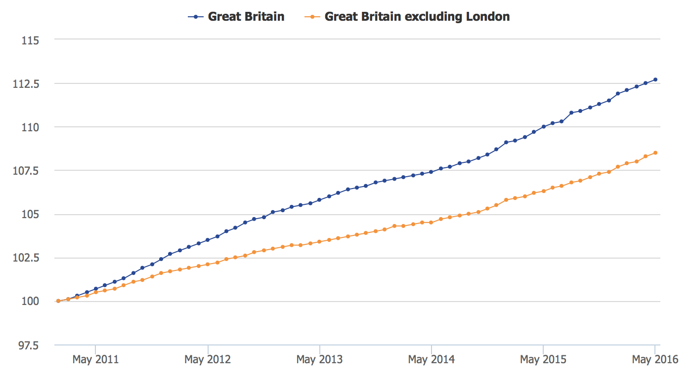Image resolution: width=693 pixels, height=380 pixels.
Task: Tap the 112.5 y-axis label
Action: click(x=26, y=83)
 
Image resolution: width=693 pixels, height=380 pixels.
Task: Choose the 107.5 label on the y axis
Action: click(x=26, y=171)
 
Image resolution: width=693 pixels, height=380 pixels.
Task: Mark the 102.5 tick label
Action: click(x=26, y=258)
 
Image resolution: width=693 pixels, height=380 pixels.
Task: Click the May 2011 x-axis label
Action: click(x=95, y=360)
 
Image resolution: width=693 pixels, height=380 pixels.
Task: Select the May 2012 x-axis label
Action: click(x=208, y=360)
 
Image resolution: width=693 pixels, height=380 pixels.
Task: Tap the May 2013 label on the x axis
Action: click(x=319, y=360)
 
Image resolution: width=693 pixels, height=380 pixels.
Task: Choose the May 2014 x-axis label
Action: click(x=432, y=360)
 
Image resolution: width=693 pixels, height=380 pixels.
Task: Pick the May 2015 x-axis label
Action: click(x=543, y=360)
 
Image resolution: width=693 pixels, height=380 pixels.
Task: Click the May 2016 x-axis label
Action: click(x=655, y=360)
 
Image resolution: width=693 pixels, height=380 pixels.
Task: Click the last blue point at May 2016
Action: click(x=655, y=79)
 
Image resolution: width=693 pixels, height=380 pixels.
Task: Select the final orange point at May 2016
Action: click(x=655, y=152)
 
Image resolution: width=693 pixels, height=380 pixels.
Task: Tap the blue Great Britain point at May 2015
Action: click(x=543, y=127)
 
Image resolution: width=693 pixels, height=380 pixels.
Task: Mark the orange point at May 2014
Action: click(x=432, y=223)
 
